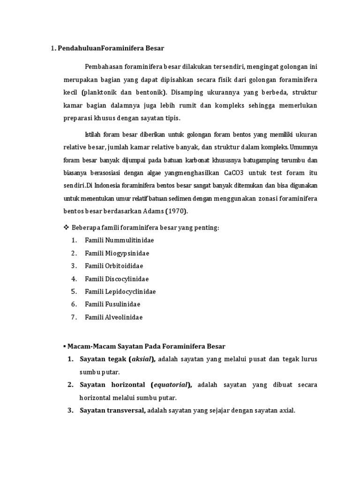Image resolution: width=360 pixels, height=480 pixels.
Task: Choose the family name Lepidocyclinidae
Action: click(131, 292)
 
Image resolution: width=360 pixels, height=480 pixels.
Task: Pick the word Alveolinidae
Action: click(124, 317)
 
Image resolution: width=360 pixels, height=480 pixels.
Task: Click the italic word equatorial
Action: click(169, 385)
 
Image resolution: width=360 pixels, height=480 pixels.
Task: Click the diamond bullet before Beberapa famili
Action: click(66, 227)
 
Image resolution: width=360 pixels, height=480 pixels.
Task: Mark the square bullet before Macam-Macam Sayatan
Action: click(64, 347)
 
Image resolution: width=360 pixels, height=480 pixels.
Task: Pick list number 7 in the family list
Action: click(74, 317)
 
